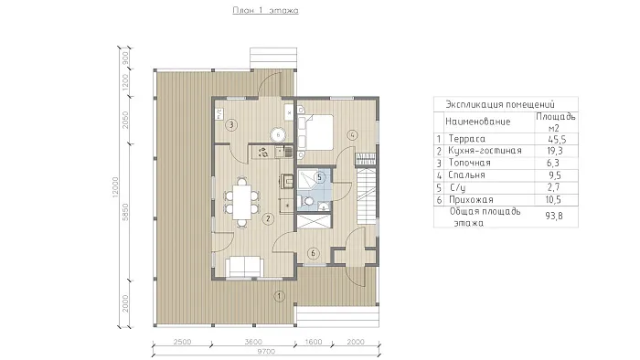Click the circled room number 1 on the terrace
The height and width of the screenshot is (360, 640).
point(279,296)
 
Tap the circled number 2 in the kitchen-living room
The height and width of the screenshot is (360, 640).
point(268,219)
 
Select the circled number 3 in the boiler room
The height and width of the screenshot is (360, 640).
point(231,124)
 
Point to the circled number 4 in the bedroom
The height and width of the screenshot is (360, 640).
point(353,135)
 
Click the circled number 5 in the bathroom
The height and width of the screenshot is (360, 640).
point(320,177)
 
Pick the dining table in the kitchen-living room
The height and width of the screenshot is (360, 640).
point(241,202)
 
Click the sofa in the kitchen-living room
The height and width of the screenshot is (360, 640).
point(244,267)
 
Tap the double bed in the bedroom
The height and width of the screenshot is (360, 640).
point(316,132)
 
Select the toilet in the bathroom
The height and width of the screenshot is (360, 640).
point(306,201)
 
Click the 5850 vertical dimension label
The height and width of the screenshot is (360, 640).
point(126,212)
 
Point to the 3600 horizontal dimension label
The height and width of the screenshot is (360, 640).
point(253,342)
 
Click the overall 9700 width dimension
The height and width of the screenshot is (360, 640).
point(266,351)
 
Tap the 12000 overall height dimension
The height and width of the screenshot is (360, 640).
point(115,187)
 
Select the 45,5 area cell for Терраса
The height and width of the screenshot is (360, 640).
point(557,140)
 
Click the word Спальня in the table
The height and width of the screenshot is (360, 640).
point(466,175)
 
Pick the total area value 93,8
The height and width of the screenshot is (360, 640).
point(554,216)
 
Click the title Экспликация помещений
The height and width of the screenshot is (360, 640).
point(500,104)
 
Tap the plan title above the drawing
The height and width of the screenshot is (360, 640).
point(265,10)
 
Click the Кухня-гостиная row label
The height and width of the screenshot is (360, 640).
point(485,151)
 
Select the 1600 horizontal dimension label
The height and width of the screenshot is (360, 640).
point(314,342)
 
